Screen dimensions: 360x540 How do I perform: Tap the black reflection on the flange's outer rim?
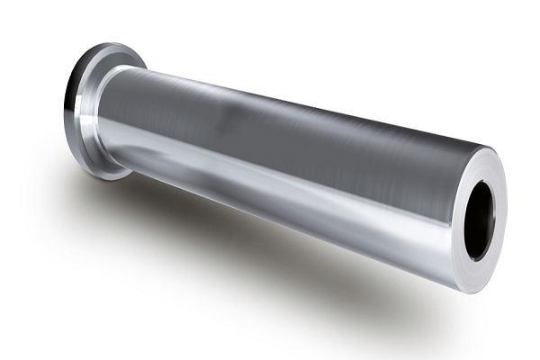click(70, 108)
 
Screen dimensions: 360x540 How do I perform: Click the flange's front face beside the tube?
click(90, 135)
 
